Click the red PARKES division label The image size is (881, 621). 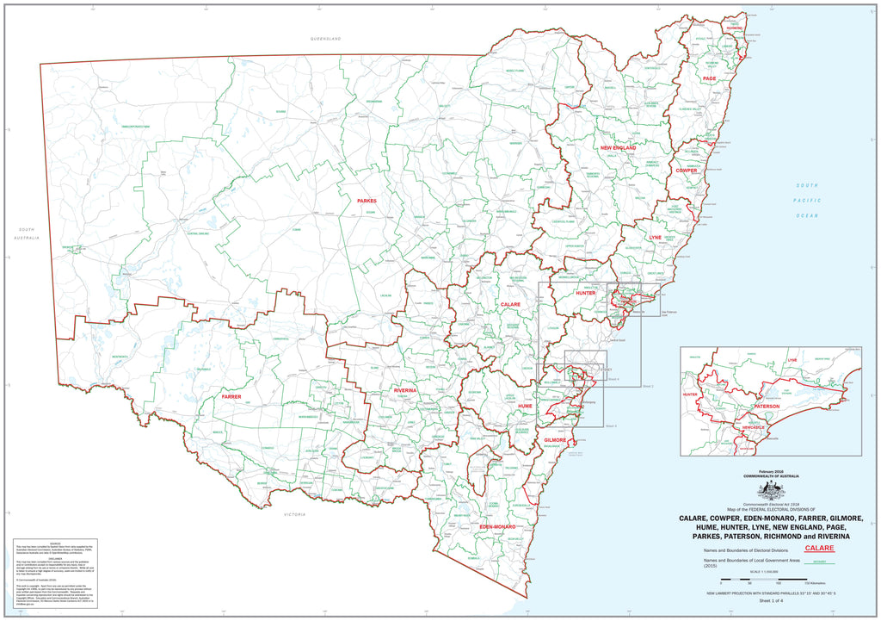[x=367, y=201]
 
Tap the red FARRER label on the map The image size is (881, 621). [x=231, y=397]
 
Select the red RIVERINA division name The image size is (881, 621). [x=404, y=390]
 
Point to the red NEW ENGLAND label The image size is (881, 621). [x=618, y=148]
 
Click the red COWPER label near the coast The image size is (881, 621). [x=687, y=171]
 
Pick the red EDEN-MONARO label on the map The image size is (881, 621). [x=496, y=525]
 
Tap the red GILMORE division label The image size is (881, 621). [x=554, y=439]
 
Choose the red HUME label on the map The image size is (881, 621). [x=525, y=405]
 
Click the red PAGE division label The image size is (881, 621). [x=709, y=78]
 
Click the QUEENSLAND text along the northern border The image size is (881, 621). [x=326, y=39]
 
